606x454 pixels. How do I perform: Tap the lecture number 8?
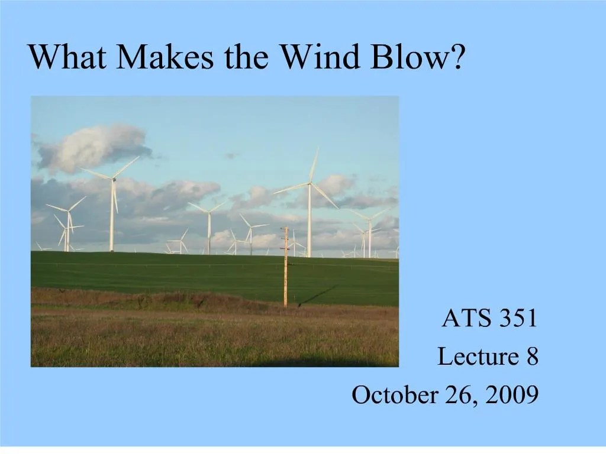[531, 356]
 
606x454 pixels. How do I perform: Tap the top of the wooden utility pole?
[285, 229]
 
